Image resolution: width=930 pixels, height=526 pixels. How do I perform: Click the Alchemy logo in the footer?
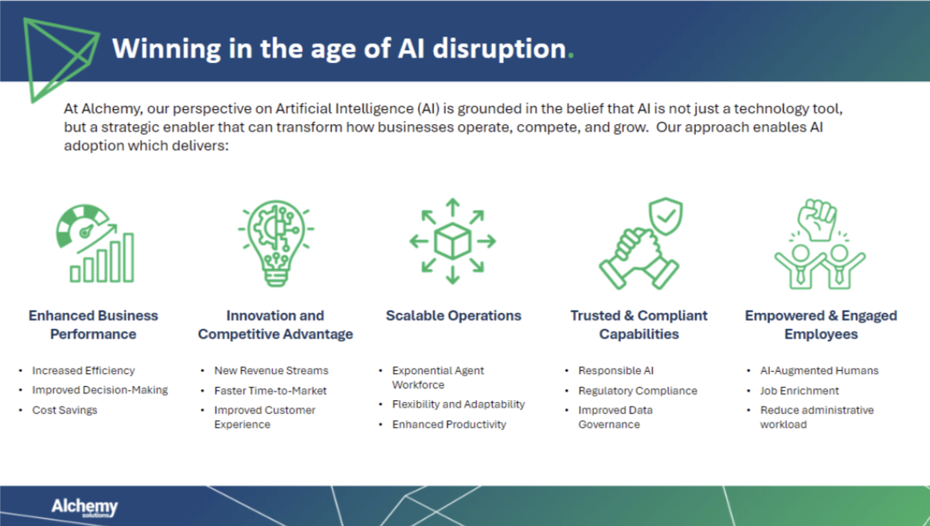click(x=84, y=507)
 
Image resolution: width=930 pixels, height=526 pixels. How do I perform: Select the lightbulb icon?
click(x=275, y=243)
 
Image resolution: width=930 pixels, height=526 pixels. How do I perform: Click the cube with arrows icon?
click(x=452, y=241)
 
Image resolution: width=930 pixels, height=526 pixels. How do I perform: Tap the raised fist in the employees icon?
click(x=818, y=220)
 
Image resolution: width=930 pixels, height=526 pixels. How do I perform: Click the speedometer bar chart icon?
click(x=96, y=244)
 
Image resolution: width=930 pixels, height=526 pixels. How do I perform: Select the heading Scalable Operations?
click(x=453, y=316)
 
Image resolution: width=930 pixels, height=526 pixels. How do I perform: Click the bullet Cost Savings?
click(x=64, y=411)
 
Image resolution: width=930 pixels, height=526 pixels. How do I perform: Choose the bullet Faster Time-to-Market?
click(x=270, y=391)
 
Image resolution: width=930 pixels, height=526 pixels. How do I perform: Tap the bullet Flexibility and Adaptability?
click(x=458, y=404)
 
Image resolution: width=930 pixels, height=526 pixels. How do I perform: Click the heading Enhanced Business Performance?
click(x=93, y=325)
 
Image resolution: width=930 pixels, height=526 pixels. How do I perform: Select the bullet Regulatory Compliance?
click(x=637, y=391)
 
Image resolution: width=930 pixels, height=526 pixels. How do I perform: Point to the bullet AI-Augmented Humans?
click(x=819, y=371)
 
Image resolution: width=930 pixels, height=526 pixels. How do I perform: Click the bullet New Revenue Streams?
click(x=271, y=371)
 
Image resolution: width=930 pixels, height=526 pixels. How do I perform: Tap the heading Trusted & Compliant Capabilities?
click(x=639, y=325)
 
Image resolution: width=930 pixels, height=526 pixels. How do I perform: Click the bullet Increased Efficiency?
click(x=83, y=371)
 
